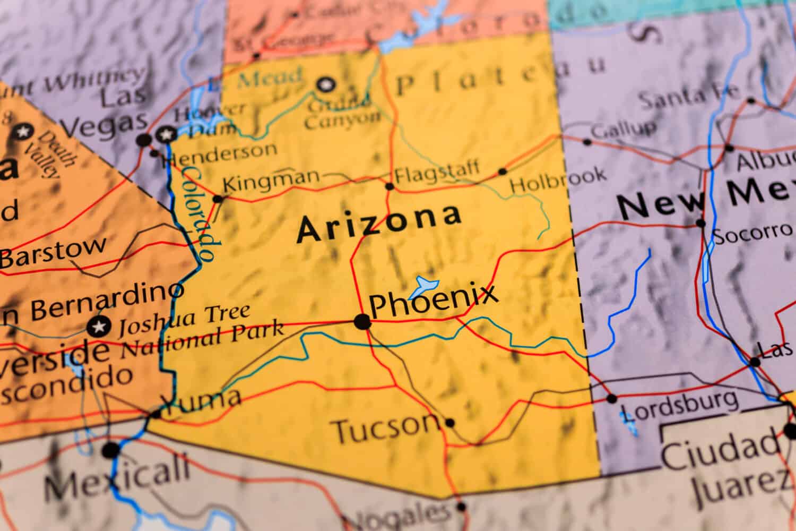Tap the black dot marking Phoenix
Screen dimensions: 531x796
point(362,322)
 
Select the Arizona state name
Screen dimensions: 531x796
point(379,223)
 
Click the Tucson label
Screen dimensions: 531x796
point(385,427)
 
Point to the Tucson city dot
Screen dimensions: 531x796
point(450,423)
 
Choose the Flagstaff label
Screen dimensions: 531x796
point(437,172)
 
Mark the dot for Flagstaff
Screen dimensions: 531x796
point(390,186)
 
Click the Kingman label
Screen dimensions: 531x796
point(271,181)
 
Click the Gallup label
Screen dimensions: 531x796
point(623,129)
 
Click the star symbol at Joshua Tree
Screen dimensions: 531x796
point(99,326)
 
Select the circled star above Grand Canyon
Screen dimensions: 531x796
point(325,84)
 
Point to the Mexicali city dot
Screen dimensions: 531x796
point(111,450)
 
